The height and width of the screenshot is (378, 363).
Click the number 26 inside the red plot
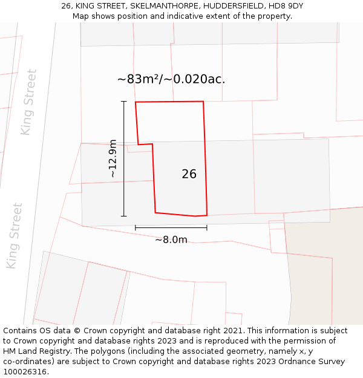[x=189, y=174]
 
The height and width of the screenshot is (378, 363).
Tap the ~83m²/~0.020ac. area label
[x=171, y=79]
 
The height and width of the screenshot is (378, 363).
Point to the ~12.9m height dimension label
[x=113, y=158]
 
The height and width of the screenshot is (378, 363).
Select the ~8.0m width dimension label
[x=171, y=240]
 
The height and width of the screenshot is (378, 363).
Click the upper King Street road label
[x=28, y=102]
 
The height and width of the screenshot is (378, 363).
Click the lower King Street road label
[x=14, y=236]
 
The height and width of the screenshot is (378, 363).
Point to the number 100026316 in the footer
[x=24, y=372]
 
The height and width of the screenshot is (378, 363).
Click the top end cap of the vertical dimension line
[x=124, y=101]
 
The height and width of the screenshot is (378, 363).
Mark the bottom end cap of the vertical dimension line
[x=124, y=216]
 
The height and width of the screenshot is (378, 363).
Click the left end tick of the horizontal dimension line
[x=136, y=227]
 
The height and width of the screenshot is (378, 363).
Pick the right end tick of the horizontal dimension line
[x=207, y=227]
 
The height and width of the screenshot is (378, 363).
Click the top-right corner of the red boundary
[x=203, y=102]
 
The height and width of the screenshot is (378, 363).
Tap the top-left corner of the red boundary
[x=136, y=102]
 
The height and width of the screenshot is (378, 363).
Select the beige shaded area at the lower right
[x=327, y=272]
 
